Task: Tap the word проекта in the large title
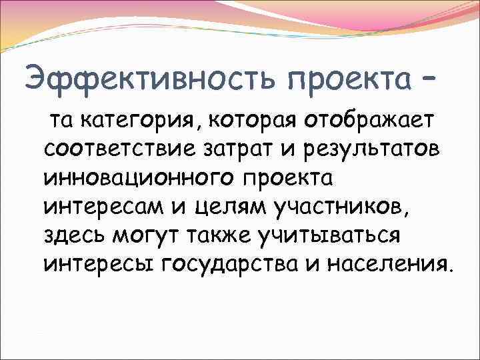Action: [348, 79]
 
